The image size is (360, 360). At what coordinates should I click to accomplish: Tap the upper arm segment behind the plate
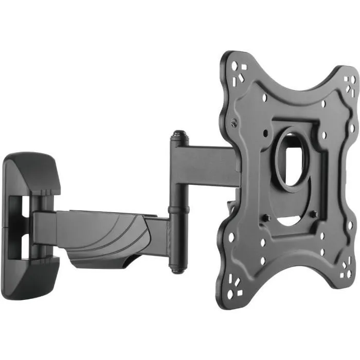click(x=206, y=159)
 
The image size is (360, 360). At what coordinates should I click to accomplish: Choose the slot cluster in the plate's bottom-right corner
click(x=345, y=269)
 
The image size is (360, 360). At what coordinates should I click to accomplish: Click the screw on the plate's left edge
click(x=235, y=123)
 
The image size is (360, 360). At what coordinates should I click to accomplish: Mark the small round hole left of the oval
click(x=265, y=132)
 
